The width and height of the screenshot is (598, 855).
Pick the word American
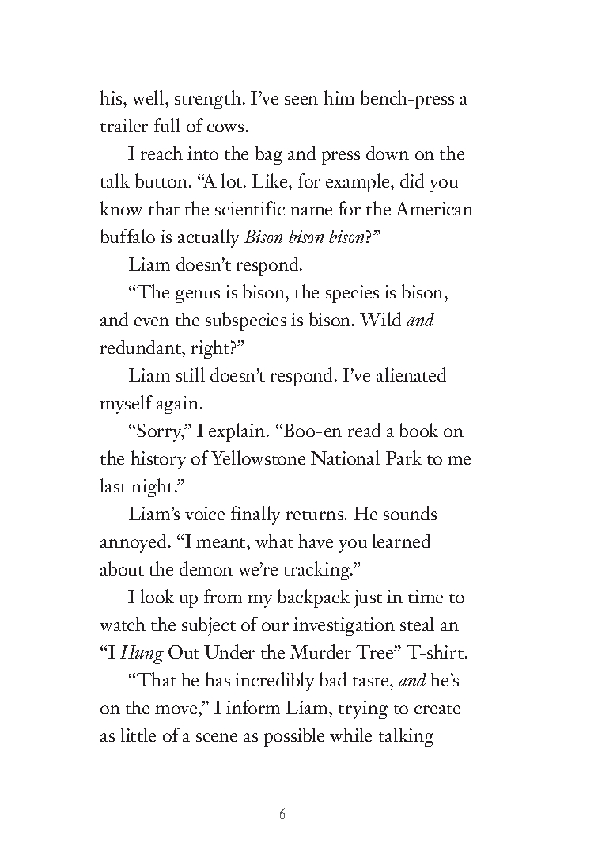[434, 210]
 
